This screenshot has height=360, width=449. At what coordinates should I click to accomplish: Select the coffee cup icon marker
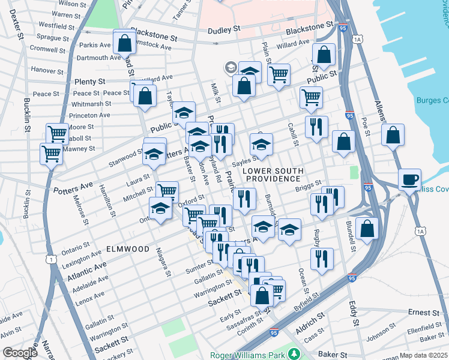410,179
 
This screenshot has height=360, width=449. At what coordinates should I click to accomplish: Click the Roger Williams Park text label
246,355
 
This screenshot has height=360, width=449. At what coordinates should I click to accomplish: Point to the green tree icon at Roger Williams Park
294,354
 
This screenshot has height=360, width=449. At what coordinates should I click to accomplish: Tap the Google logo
19,353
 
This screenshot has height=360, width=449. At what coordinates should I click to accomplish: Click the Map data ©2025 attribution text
423,355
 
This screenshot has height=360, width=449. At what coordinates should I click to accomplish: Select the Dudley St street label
224,30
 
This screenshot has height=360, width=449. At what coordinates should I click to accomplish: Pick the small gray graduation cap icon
230,67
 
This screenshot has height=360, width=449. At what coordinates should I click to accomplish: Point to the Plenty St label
90,81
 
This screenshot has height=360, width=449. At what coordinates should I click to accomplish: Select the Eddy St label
355,313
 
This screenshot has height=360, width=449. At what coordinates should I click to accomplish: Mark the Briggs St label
309,187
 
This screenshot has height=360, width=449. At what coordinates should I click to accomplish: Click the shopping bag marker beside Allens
392,135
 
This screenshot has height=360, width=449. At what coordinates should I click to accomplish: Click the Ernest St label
424,313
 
